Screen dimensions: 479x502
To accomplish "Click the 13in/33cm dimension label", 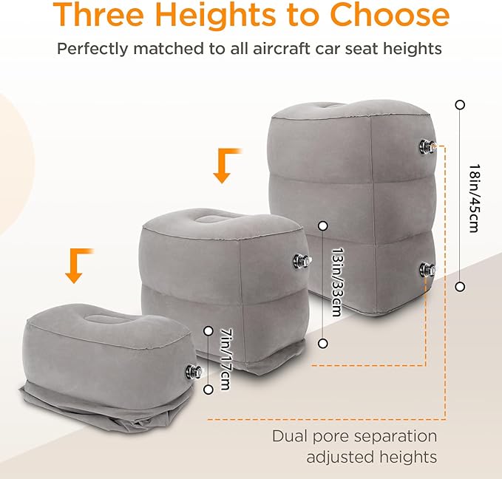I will (335, 285).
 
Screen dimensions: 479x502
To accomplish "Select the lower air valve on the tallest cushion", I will (427, 271).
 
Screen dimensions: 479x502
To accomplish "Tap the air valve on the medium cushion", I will (302, 260).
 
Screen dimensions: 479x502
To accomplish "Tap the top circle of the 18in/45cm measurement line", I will (460, 105).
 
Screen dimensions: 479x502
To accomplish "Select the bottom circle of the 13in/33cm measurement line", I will (322, 343).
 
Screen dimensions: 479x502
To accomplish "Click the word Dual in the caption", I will (290, 436).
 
